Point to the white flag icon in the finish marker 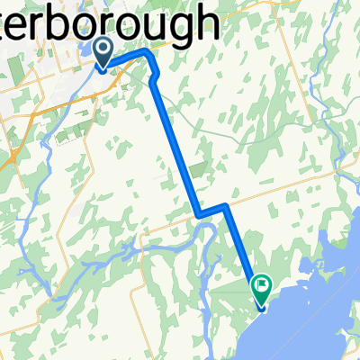tap(262, 285)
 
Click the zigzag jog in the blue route tap(211, 211)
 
